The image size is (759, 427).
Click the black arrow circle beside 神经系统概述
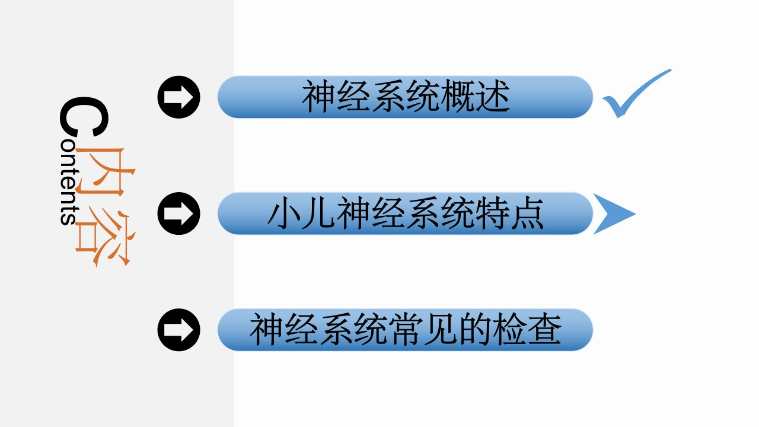coord(179,97)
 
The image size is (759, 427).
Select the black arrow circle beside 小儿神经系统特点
coord(179,213)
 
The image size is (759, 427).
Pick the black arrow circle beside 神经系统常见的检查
coord(179,330)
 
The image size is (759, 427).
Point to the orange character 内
coord(105,172)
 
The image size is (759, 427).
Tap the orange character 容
coord(105,238)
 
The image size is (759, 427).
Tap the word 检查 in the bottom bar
coord(527,329)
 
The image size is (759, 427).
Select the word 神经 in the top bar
coord(336,96)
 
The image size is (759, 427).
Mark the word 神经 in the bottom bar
coord(283,329)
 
